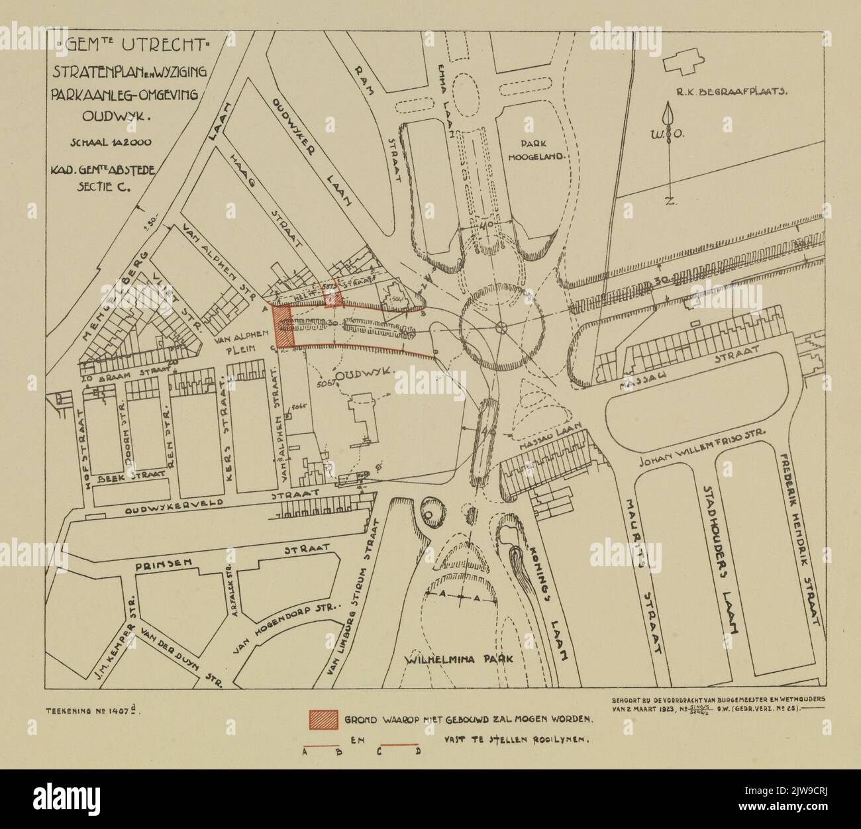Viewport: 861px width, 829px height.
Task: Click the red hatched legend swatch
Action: (323, 718)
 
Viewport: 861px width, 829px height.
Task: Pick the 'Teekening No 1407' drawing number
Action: (93, 712)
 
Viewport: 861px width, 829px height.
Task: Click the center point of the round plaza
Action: (501, 326)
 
